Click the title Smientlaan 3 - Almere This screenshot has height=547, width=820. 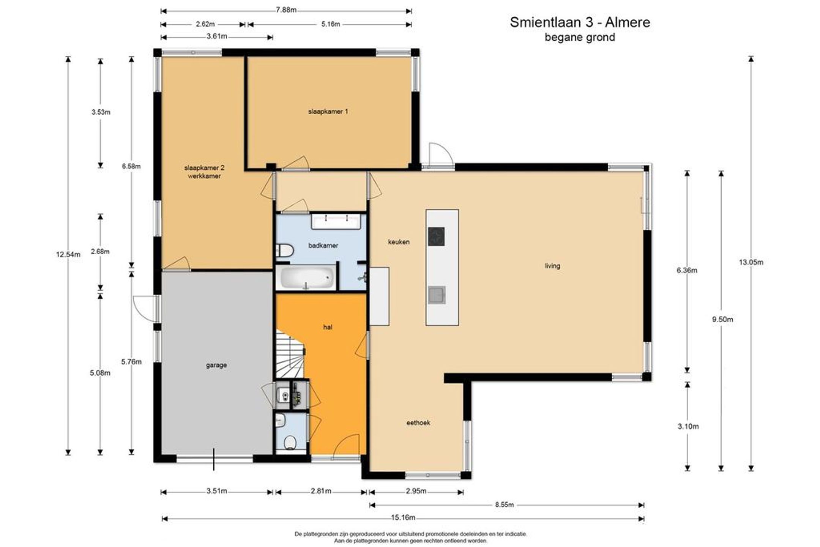click(x=580, y=22)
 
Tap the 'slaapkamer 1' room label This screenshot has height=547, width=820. click(x=328, y=112)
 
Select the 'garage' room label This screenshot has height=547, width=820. click(x=216, y=365)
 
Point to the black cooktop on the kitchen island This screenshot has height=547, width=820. click(x=436, y=236)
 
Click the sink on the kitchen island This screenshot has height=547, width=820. click(x=437, y=295)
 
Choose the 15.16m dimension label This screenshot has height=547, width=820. click(x=403, y=518)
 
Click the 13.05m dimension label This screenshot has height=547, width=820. click(x=751, y=262)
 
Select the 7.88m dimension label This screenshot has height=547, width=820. click(x=286, y=10)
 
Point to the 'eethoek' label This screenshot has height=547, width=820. click(x=418, y=423)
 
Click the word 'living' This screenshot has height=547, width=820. click(x=552, y=266)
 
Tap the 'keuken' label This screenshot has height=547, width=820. click(x=399, y=242)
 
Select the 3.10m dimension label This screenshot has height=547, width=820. click(x=688, y=426)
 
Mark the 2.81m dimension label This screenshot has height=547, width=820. click(x=321, y=491)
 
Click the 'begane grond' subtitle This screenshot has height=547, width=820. click(x=580, y=38)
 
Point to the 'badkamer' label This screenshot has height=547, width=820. click(x=323, y=246)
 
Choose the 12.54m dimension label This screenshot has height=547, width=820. click(x=68, y=255)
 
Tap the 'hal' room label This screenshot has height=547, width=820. click(x=328, y=327)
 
